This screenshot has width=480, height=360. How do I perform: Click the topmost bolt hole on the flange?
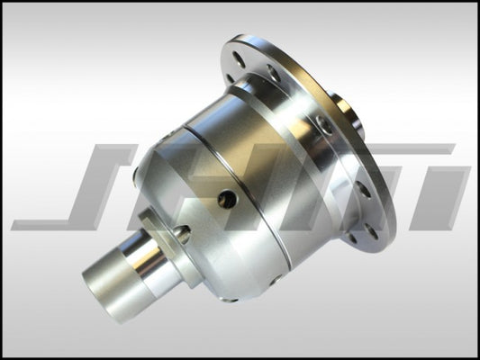(x=240, y=58)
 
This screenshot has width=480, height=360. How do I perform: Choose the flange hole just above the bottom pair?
(x=364, y=189)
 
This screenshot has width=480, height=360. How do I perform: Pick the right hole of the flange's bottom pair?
(x=371, y=231)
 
